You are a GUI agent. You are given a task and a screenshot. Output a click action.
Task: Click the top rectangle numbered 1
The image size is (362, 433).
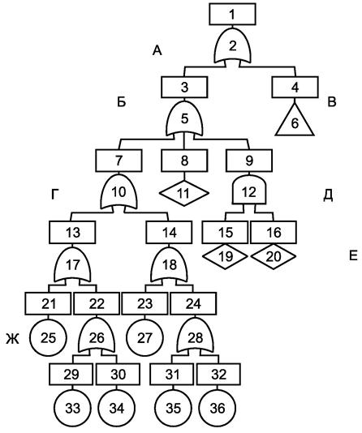[x=232, y=15]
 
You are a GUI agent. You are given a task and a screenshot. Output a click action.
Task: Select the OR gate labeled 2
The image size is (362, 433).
[x=233, y=46]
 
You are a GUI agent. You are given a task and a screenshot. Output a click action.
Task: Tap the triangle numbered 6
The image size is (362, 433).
[x=295, y=122]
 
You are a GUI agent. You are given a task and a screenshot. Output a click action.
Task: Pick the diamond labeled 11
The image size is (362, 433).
[x=183, y=193]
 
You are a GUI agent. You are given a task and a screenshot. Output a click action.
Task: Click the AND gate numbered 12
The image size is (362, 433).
[x=249, y=191]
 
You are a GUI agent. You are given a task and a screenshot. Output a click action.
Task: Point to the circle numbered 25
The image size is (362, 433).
[x=49, y=338]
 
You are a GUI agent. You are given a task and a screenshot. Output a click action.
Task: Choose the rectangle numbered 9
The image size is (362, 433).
[x=249, y=161]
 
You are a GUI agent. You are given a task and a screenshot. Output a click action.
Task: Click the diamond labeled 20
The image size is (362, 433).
[x=274, y=256]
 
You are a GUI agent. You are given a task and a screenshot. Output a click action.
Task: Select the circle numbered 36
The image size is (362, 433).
[x=218, y=408]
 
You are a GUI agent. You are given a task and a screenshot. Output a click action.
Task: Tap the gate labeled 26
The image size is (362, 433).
[x=97, y=336]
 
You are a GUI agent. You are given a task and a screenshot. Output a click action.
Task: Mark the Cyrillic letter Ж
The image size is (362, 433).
[x=13, y=339]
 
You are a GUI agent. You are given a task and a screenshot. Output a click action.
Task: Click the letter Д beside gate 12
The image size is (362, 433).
[x=328, y=195]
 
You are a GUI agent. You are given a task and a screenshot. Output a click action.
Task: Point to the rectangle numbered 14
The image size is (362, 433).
[x=169, y=232]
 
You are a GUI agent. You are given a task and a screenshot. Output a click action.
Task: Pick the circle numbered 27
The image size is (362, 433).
[x=144, y=338]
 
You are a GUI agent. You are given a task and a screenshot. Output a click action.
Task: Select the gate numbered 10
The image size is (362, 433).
[x=119, y=191]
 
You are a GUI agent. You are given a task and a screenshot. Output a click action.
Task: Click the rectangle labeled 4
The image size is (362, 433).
[x=295, y=88]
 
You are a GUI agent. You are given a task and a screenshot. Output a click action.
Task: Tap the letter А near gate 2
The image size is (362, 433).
[x=157, y=50]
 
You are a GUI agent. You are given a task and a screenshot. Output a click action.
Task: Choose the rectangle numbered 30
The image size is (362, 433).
[x=118, y=375]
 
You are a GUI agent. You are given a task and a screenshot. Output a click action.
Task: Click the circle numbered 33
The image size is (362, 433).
[x=72, y=408]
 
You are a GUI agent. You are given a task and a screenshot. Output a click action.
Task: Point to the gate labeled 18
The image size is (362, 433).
[x=169, y=264]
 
